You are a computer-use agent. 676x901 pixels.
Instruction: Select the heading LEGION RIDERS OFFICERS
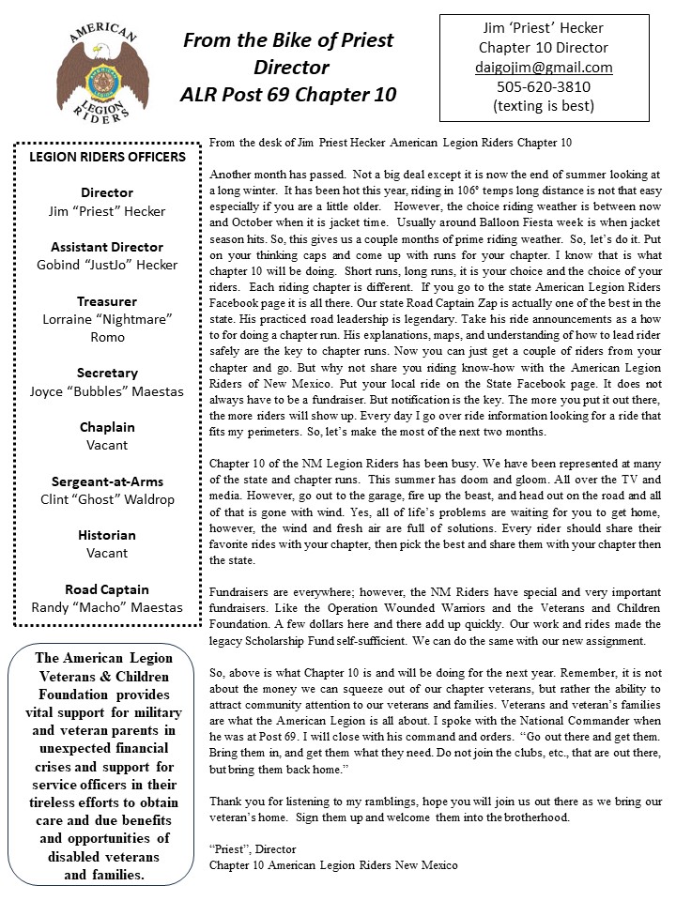[107, 156]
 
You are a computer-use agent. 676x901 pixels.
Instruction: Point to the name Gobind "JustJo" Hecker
[107, 265]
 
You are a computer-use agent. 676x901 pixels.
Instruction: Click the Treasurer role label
[107, 301]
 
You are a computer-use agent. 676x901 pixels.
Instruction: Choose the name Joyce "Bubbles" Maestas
[107, 390]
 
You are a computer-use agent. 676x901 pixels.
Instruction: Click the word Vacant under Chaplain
[107, 445]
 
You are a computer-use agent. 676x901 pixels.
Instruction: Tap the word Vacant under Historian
[107, 553]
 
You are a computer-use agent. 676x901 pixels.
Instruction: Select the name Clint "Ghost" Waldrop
[107, 499]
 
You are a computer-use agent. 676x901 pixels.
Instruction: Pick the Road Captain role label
[107, 589]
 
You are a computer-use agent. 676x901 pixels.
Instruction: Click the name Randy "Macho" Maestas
[107, 607]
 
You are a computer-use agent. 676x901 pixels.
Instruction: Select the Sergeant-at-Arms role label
[107, 481]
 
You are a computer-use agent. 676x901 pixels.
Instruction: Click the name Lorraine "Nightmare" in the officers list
[107, 319]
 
